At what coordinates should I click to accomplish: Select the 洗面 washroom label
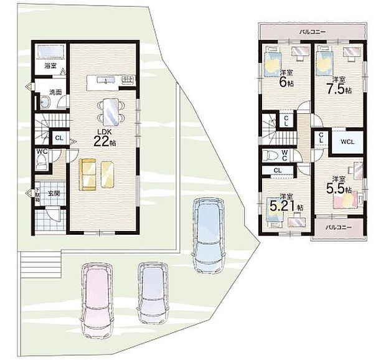55,92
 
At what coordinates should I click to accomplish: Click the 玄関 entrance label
54,194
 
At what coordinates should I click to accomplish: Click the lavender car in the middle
153,288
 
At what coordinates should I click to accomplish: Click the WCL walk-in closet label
347,142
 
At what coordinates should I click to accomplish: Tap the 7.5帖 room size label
340,87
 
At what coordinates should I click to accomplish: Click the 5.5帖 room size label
340,186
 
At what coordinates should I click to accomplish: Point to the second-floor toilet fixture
271,155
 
